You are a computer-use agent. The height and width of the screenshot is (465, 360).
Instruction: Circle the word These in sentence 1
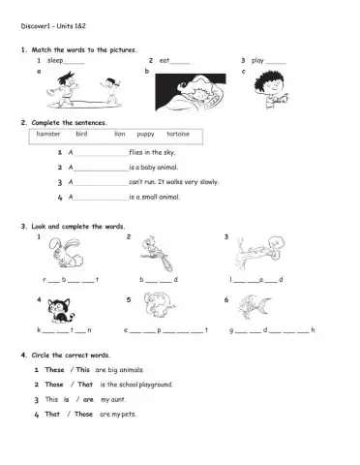54,369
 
